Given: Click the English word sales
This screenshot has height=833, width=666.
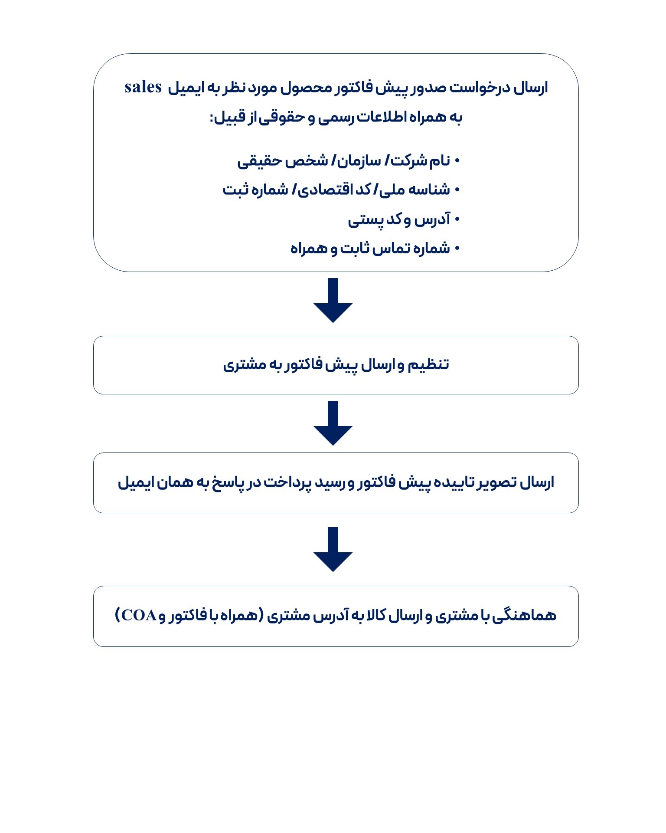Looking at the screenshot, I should [143, 87].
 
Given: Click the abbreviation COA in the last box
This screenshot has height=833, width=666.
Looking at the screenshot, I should [139, 615].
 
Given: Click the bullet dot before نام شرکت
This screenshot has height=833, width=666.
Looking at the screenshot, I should [457, 161].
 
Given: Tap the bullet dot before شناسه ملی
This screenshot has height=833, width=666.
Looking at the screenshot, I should [457, 190].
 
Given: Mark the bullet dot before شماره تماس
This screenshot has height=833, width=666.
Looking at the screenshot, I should [457, 249].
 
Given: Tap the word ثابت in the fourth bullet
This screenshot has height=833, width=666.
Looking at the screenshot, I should [354, 249].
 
